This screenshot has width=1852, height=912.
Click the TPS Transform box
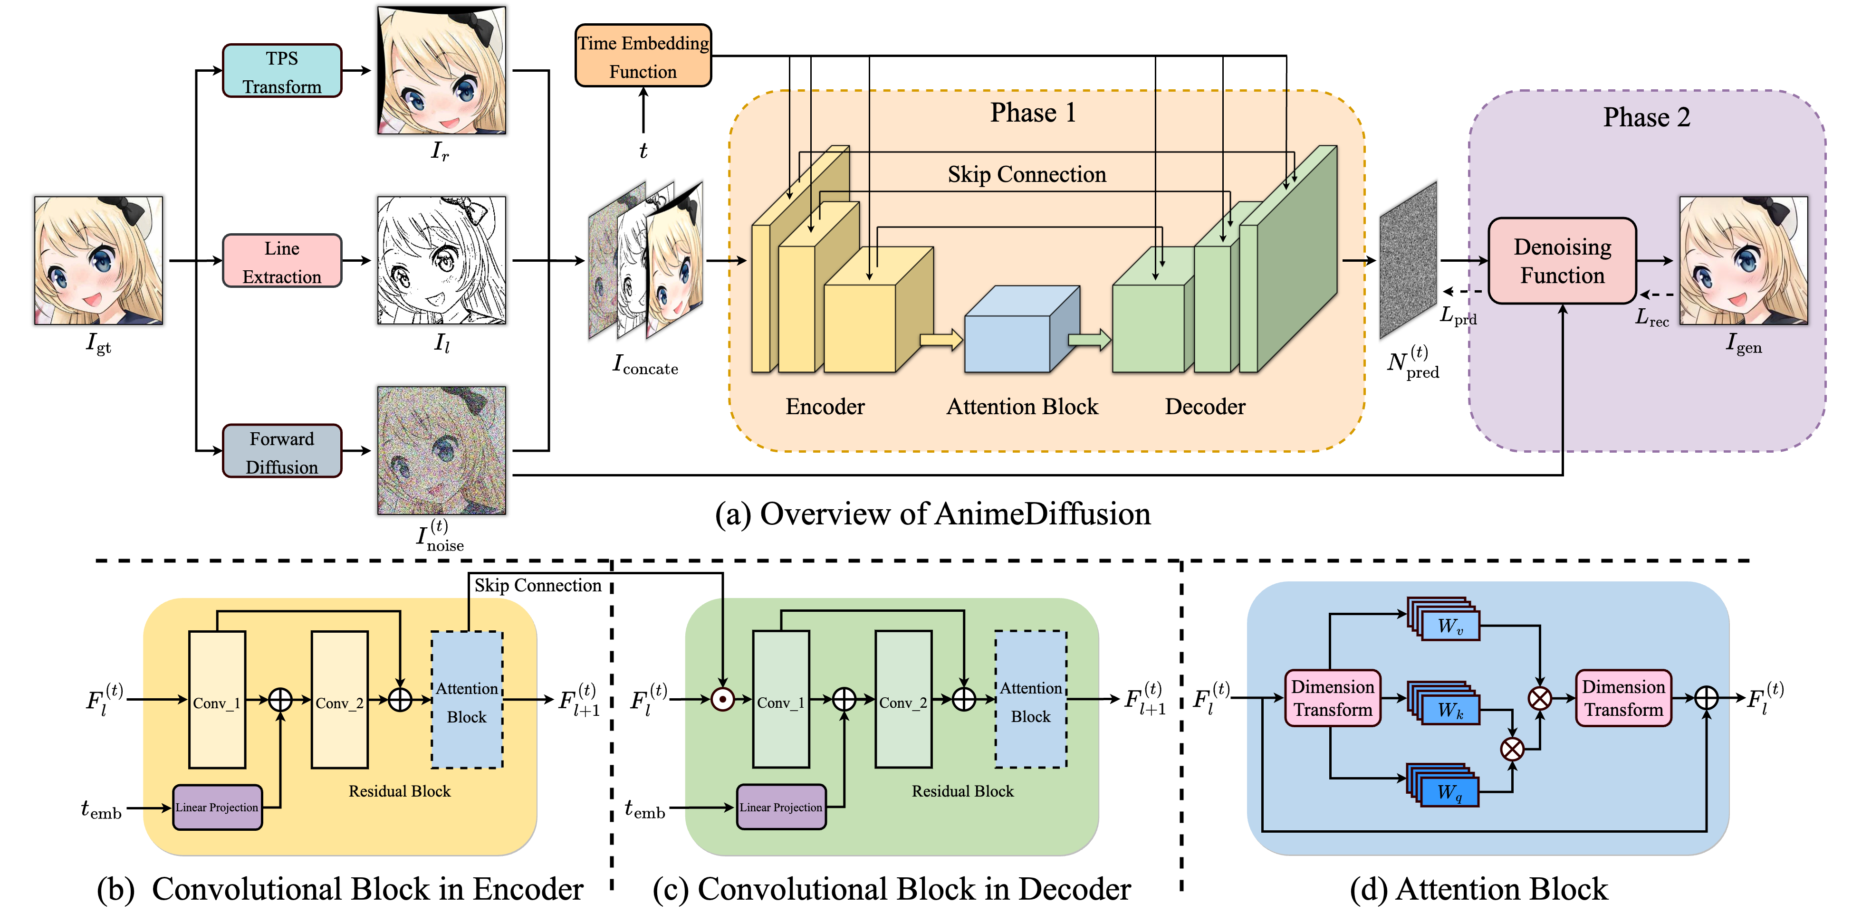point(282,71)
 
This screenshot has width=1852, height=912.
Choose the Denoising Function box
point(1562,261)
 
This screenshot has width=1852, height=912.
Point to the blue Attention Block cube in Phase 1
point(1020,331)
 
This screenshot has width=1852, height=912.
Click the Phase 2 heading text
point(1646,117)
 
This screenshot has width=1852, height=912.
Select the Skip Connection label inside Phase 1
point(1026,175)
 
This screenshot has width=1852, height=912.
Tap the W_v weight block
point(1449,625)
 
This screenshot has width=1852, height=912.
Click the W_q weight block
point(1449,792)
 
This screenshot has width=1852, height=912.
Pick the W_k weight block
point(1449,710)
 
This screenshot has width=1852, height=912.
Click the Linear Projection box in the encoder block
point(217,807)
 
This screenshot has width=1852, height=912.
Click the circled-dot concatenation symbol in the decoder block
point(722,699)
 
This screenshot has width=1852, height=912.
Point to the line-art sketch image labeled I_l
point(441,261)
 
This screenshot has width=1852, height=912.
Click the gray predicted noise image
point(1408,261)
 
